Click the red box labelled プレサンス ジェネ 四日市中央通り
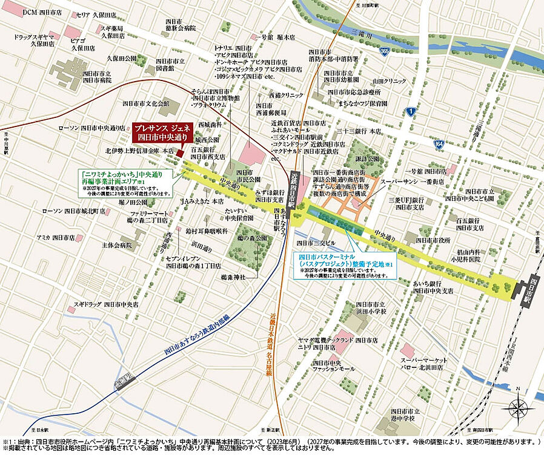coord(162,132)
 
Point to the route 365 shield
coord(384,52)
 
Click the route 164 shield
coord(438,144)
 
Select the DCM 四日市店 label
coord(42,12)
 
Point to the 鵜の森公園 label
coord(253,239)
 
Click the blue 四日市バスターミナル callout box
coord(345,265)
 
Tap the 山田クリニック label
coord(389,80)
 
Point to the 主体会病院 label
coord(116,245)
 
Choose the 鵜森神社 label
coord(234,277)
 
